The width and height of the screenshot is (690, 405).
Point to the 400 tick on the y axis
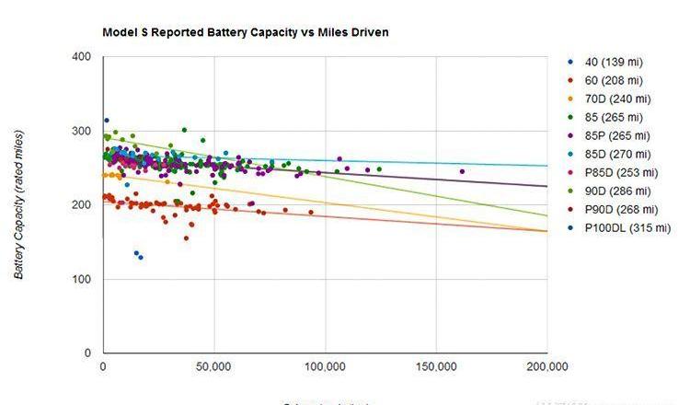click(81, 57)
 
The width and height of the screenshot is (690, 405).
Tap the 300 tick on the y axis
click(81, 131)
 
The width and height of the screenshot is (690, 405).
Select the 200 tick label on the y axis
click(81, 204)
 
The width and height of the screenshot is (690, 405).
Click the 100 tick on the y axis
click(81, 279)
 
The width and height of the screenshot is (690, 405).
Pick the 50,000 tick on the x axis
click(213, 366)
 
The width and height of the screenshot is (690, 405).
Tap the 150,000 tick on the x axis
click(435, 366)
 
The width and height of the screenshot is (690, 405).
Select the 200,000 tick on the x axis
click(546, 366)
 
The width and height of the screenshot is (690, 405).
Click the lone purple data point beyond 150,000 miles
click(462, 171)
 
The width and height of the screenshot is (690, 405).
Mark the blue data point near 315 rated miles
click(107, 121)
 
